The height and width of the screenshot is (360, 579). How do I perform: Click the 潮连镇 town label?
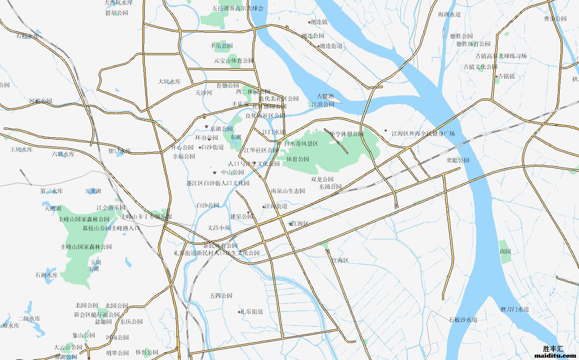[x=319, y=22]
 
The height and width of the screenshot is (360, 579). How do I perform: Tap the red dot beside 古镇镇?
[x=496, y=76]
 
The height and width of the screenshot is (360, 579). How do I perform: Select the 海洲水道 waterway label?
[x=449, y=14]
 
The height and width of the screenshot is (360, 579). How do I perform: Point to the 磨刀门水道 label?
[x=514, y=309]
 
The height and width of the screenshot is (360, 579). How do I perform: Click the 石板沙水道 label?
[x=463, y=320]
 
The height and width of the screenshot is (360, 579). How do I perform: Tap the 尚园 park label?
[x=505, y=251]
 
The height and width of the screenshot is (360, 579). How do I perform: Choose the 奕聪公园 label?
[x=458, y=160]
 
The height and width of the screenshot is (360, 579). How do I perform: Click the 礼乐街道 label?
[x=252, y=312]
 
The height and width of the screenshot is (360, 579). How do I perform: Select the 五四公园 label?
[x=221, y=296]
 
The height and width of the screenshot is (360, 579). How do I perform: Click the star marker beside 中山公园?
[x=214, y=172]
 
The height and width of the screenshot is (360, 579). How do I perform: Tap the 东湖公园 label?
[x=221, y=129]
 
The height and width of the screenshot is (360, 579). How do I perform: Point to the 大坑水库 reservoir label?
[x=169, y=81]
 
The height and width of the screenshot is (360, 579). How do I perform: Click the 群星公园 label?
[x=116, y=13]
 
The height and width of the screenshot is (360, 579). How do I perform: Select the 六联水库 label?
[x=63, y=154]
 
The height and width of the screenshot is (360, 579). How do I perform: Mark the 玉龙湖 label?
[x=93, y=191]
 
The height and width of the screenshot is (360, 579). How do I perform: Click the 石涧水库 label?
[x=47, y=275]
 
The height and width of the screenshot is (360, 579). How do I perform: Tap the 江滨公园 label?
[x=323, y=104]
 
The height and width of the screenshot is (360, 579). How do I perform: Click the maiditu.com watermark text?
[x=555, y=355]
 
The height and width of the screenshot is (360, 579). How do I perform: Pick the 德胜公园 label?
[x=461, y=36]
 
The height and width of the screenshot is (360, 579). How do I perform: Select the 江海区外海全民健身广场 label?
[x=423, y=133]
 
